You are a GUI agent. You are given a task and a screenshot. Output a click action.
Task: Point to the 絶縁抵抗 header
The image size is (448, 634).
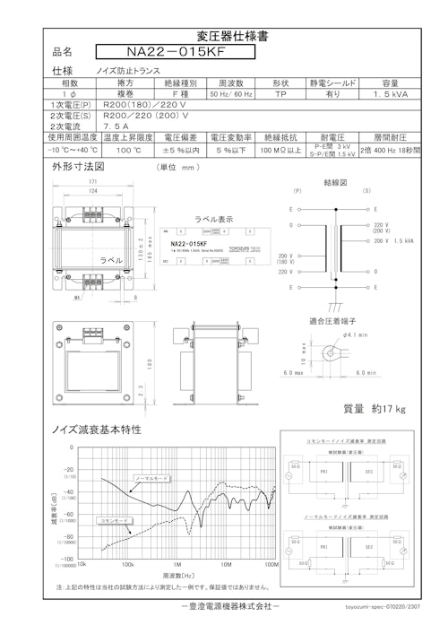(280, 138)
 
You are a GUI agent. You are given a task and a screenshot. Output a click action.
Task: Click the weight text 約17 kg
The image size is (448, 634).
(375, 409)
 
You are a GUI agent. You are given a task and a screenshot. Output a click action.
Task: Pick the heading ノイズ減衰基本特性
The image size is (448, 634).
(98, 430)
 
